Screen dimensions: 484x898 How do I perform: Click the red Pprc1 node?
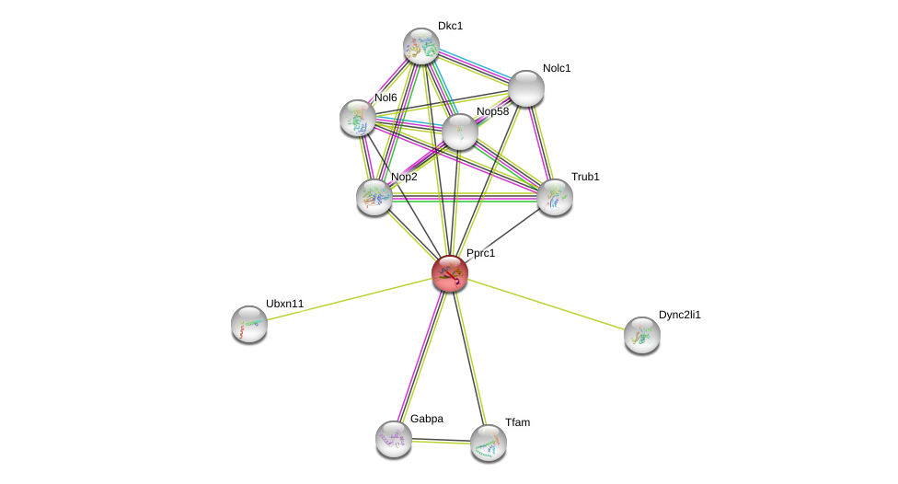[450, 273]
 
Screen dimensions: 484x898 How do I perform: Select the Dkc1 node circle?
[421, 46]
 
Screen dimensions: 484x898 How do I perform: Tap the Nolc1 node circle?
[526, 88]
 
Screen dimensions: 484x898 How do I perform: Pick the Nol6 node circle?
[358, 118]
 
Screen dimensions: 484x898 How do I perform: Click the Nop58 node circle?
[460, 132]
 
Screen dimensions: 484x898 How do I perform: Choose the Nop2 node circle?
[374, 197]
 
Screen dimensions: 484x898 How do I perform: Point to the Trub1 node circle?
[555, 197]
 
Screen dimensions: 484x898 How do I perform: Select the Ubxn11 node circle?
[249, 324]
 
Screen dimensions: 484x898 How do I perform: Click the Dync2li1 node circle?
[642, 335]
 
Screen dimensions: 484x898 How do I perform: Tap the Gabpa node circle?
[394, 439]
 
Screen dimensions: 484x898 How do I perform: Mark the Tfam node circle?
[489, 443]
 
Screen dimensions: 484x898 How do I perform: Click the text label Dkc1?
[450, 26]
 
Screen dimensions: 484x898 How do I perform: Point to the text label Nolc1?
[556, 68]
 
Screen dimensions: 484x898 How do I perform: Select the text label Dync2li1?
[679, 315]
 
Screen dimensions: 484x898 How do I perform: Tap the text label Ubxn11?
[284, 304]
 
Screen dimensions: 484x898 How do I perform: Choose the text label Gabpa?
[426, 419]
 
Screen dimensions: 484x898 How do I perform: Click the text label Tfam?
[517, 422]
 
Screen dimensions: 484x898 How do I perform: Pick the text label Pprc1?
[480, 253]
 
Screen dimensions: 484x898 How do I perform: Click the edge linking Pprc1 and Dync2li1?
[547, 305]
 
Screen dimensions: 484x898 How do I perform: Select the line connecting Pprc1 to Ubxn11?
[350, 298]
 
